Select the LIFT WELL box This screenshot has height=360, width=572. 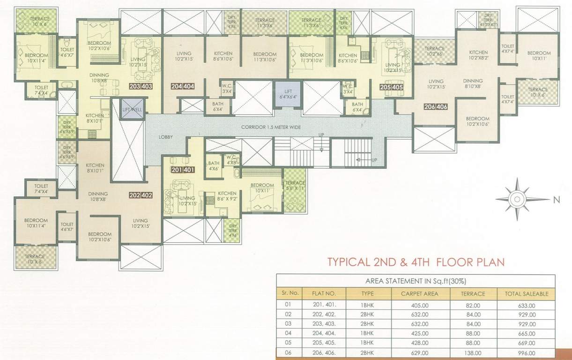(133, 109)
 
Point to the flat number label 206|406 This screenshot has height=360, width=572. (435, 106)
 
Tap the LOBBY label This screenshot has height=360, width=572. (166, 137)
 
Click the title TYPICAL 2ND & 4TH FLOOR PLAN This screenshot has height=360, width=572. (416, 262)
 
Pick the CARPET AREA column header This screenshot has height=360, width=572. (419, 294)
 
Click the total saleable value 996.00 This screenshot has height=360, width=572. (526, 353)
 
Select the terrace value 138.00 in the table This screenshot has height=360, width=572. (473, 353)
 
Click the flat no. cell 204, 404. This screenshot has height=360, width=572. (324, 334)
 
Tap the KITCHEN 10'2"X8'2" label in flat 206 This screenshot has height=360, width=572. (478, 55)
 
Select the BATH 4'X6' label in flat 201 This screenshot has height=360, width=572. (214, 166)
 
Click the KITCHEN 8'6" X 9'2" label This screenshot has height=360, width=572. (227, 196)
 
